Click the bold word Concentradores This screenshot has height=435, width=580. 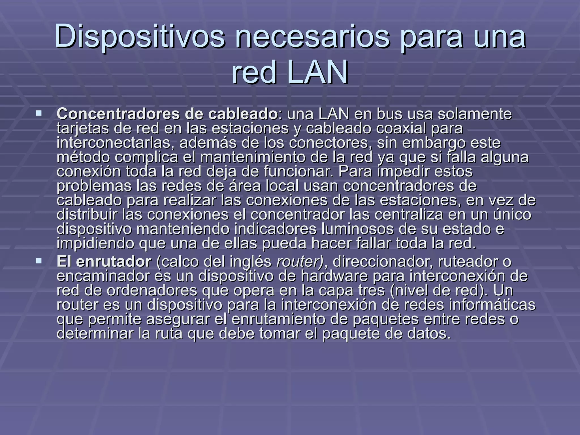click(118, 114)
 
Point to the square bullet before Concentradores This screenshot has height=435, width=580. click(39, 114)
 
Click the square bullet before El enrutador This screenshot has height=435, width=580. click(39, 261)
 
